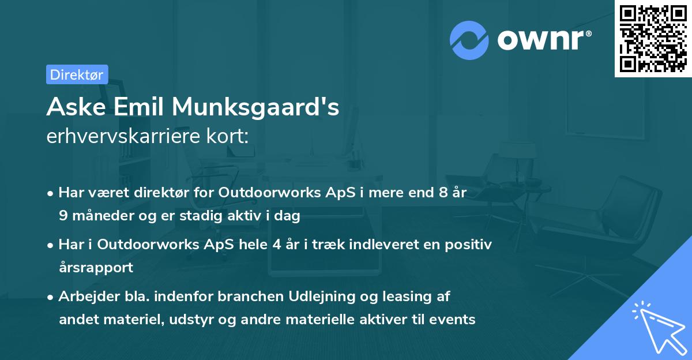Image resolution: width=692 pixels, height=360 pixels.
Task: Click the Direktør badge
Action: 77,74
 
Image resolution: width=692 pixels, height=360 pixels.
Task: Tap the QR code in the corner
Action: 653,38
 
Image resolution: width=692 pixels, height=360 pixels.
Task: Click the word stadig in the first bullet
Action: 229,216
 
